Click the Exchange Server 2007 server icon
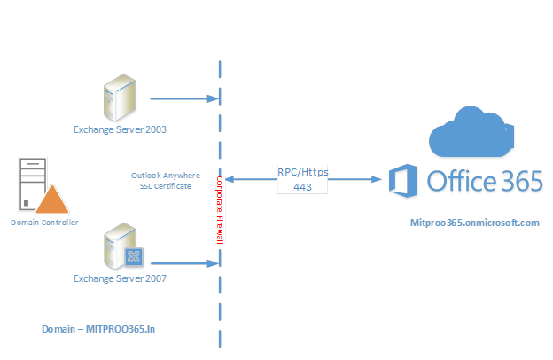[x=120, y=247]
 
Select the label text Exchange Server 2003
[x=120, y=129]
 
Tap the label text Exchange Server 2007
[x=120, y=278]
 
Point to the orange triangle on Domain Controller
[x=52, y=200]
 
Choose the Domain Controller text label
[x=44, y=222]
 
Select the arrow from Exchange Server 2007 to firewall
[x=183, y=262]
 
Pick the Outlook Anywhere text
[x=165, y=176]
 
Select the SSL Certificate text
[x=165, y=186]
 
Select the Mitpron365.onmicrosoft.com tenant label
[x=475, y=223]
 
